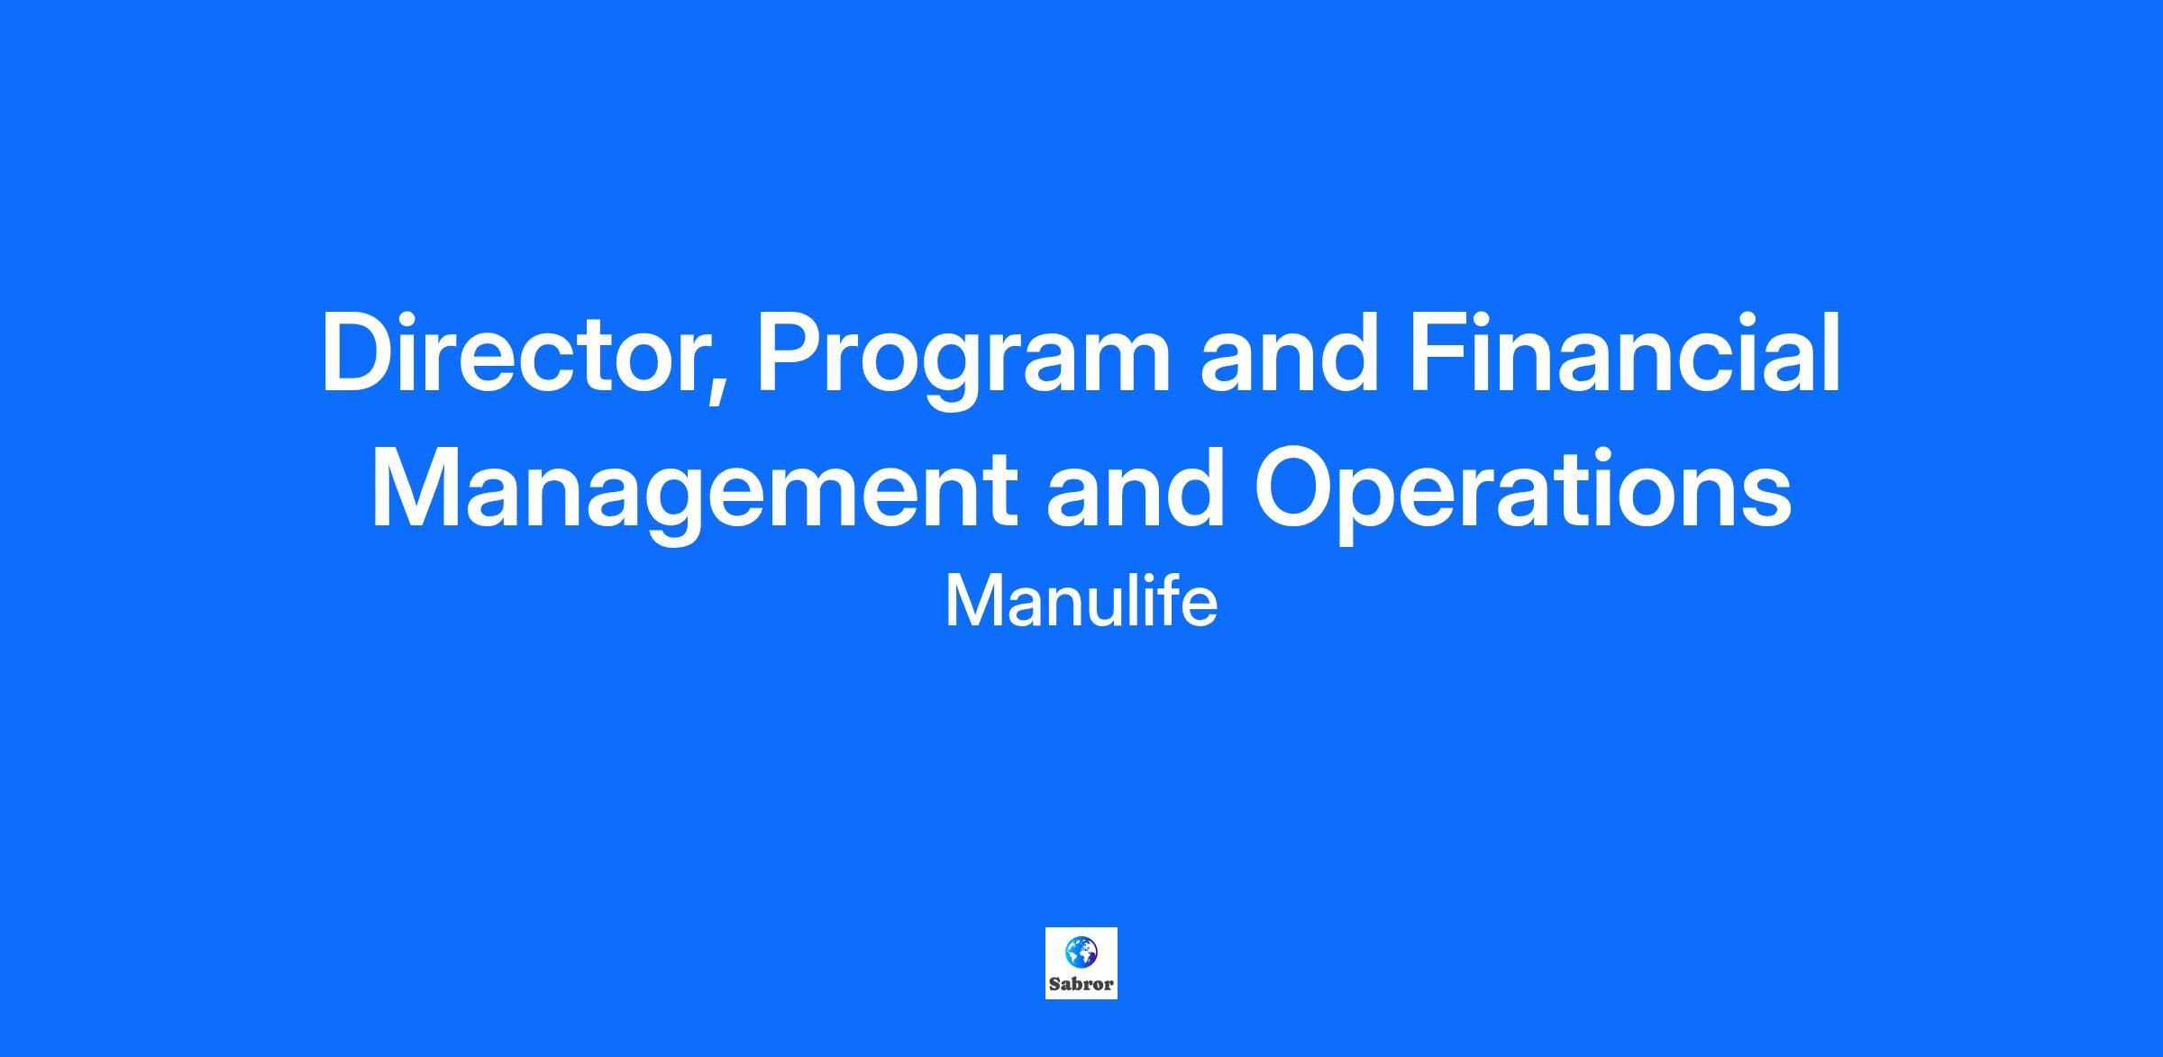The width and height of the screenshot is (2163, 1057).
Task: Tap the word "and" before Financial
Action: (x=1290, y=353)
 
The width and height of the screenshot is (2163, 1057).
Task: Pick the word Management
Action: (x=695, y=491)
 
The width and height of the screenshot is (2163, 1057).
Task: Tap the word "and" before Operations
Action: (x=1136, y=486)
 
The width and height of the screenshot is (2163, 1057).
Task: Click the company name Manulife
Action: (x=1081, y=602)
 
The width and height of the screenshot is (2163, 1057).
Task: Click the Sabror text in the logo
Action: (x=1081, y=984)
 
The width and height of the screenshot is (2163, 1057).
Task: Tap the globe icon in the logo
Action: (x=1081, y=951)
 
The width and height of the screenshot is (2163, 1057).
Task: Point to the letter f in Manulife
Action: (x=1174, y=601)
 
